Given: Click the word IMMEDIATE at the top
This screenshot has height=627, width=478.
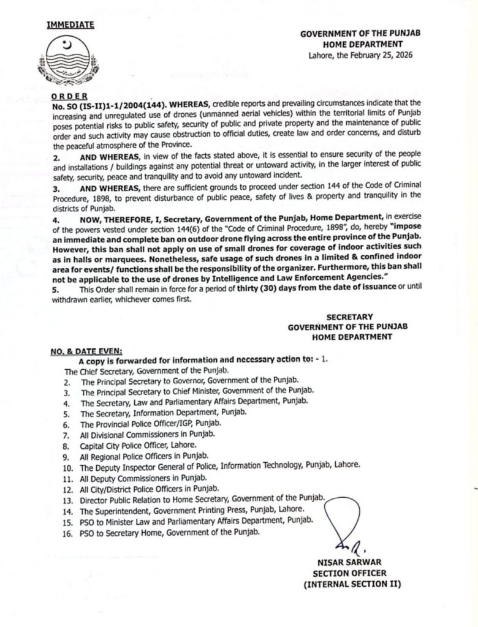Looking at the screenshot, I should click(x=70, y=25).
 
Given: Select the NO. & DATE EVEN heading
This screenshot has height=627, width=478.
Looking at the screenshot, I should click(x=86, y=351).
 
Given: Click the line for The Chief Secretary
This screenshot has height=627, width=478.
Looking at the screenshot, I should click(x=146, y=371).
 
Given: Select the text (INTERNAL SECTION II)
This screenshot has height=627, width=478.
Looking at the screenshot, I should click(x=352, y=584).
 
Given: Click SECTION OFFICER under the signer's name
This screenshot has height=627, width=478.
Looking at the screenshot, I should click(x=349, y=573).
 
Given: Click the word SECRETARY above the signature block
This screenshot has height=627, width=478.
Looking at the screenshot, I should click(x=349, y=317).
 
